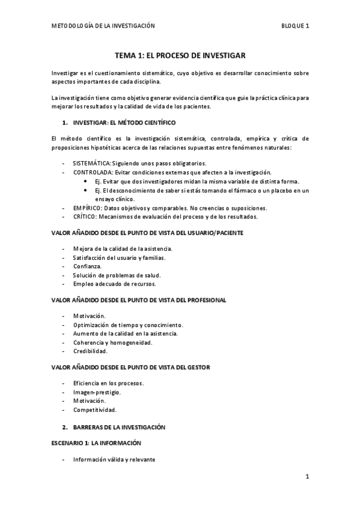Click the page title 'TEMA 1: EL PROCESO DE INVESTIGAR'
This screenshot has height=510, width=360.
coord(180,55)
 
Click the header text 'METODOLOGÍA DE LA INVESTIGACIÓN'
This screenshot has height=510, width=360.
coord(103,26)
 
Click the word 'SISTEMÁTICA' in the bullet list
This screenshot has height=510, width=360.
coord(92,163)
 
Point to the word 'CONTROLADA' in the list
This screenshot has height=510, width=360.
coord(94,172)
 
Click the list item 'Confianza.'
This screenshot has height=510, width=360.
coord(87,266)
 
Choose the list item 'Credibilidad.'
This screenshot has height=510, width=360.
coord(90,351)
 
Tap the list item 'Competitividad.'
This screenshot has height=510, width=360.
coord(94,410)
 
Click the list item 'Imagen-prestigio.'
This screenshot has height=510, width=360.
coord(96,392)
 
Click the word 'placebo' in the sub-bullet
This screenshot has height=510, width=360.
coord(269,190)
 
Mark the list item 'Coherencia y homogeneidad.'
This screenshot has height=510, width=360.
coord(112,342)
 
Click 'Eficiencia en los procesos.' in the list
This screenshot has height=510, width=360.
coord(108,383)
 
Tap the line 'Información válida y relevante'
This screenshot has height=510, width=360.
coord(114,459)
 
